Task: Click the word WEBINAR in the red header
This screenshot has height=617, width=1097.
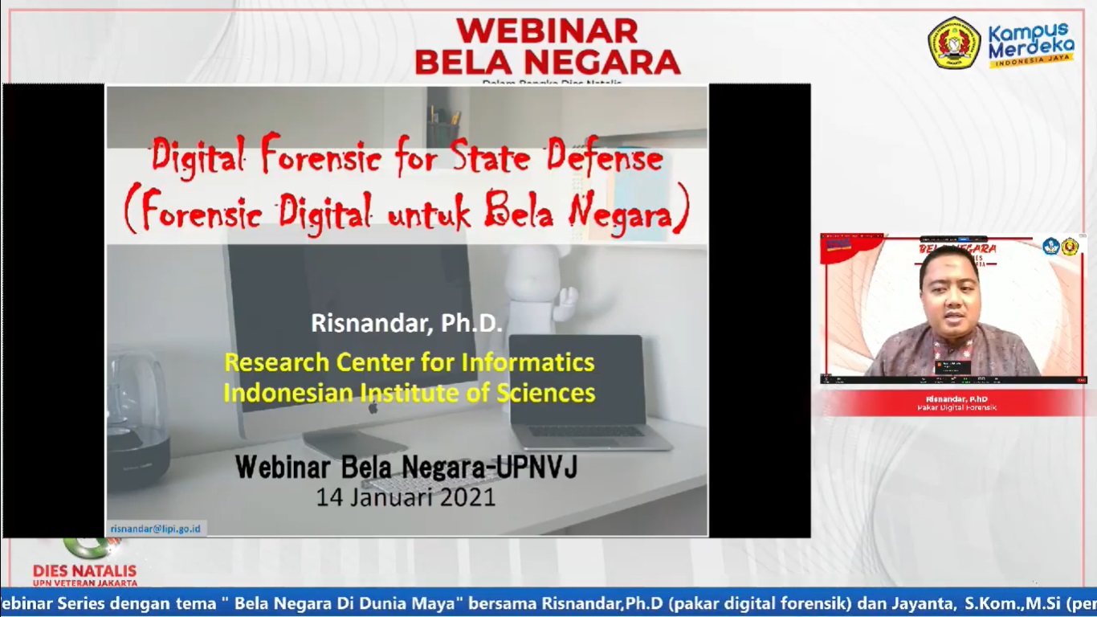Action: [x=547, y=31]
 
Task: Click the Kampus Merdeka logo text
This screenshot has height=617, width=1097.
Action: [x=1030, y=44]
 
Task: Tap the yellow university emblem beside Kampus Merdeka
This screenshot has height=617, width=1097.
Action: [x=954, y=43]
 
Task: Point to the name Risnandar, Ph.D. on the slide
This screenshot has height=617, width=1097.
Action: [x=406, y=323]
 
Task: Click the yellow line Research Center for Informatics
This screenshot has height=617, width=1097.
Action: [x=409, y=362]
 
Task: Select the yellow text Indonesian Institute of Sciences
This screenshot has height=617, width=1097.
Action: [x=409, y=393]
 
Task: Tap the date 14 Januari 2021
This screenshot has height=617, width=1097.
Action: [x=406, y=497]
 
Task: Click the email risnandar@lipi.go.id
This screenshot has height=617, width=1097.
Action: [x=156, y=528]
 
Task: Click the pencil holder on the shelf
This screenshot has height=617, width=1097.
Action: [x=442, y=129]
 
